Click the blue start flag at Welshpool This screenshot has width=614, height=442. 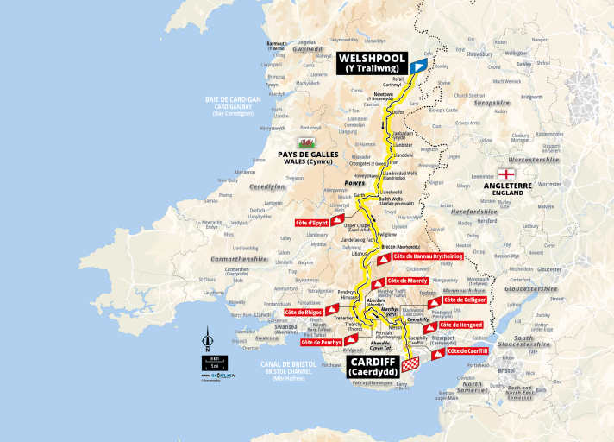[x=418, y=66]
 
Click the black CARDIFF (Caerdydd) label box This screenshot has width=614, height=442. [x=372, y=366]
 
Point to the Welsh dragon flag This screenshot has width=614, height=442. [x=305, y=142]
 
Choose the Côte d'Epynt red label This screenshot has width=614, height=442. [x=320, y=222]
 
